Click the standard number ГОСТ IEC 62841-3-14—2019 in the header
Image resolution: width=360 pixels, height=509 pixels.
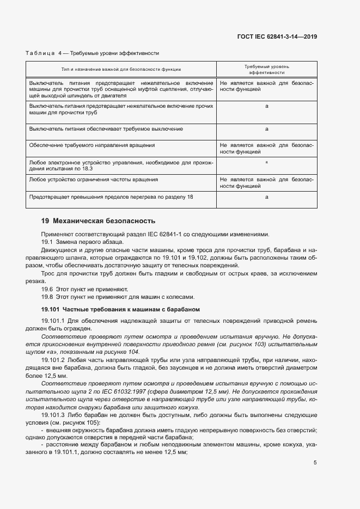[277, 37]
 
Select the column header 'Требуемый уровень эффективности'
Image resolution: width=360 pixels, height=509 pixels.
[266, 69]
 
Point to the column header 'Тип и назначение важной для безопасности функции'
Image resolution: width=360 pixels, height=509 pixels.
[121, 69]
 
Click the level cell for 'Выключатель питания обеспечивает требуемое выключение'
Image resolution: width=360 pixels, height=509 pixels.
[266, 129]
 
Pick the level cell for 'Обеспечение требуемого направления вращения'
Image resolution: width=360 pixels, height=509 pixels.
[266, 149]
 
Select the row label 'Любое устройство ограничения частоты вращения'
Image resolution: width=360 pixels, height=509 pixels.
[94, 179]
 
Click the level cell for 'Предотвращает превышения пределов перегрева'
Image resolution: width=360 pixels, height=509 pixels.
[266, 197]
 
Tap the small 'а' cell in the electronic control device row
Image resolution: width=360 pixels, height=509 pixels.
[266, 162]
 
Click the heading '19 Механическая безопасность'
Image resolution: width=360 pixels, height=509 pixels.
[98, 221]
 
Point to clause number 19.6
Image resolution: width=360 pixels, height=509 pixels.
[47, 289]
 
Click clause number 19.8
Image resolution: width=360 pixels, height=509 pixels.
[47, 297]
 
